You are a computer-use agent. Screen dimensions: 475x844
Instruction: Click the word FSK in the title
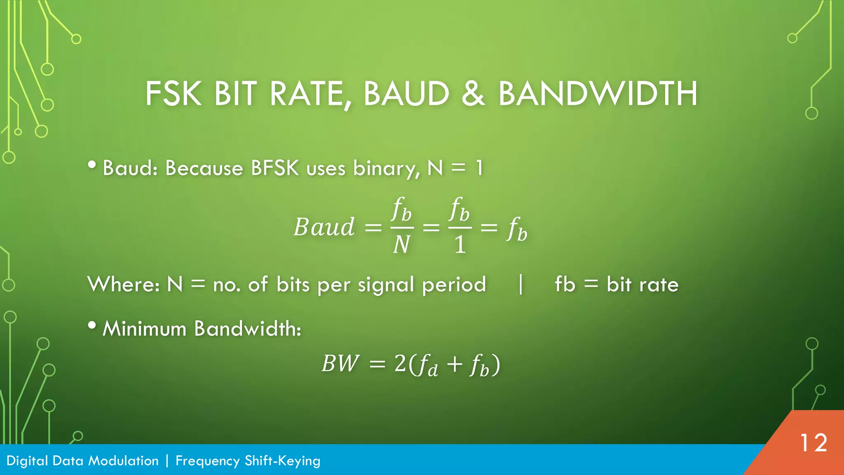(x=173, y=94)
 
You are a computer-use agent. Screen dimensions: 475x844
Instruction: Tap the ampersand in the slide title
(x=473, y=94)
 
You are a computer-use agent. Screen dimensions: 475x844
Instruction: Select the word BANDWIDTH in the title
(x=598, y=94)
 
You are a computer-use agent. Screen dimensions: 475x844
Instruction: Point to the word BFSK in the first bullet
(x=274, y=168)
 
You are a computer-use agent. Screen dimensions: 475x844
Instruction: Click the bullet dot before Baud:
(x=92, y=165)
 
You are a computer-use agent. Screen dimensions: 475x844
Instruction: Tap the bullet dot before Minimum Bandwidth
(x=92, y=326)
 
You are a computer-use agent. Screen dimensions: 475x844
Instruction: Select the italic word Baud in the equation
(x=324, y=227)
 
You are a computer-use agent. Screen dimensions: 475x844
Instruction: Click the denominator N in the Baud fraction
(x=401, y=245)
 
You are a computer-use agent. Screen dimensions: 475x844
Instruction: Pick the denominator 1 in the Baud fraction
(x=460, y=245)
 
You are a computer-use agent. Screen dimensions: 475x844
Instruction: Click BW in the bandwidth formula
(x=340, y=364)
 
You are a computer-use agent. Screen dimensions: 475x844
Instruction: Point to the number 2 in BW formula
(x=400, y=364)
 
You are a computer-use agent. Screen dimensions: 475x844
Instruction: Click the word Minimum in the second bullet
(x=144, y=329)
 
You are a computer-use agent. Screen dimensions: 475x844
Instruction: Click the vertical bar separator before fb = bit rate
(x=521, y=285)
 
